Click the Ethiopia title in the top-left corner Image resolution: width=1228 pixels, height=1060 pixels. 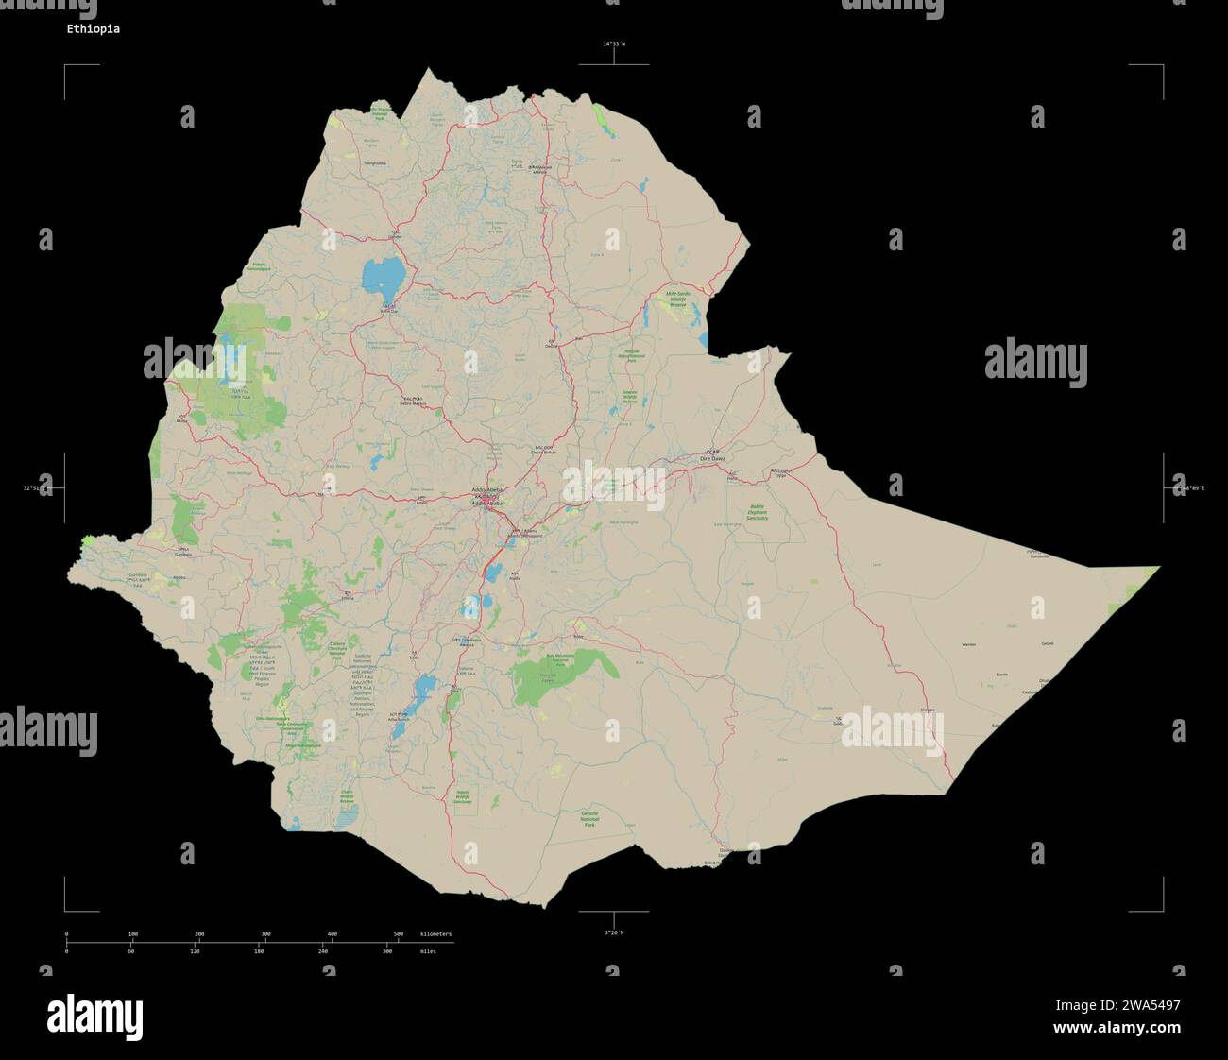(93, 29)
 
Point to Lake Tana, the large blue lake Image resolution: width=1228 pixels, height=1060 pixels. (382, 276)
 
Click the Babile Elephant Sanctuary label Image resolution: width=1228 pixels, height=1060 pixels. (756, 513)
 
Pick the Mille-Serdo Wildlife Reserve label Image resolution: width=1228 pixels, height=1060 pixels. (678, 299)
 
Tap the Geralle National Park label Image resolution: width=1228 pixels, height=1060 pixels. (589, 820)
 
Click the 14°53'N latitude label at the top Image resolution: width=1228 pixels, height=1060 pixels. (614, 44)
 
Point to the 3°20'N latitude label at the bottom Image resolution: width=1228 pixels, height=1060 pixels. (614, 932)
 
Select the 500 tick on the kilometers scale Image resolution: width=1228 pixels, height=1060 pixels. (399, 934)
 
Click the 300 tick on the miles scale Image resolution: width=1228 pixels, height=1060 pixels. (387, 951)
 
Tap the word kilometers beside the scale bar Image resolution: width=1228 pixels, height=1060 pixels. (435, 934)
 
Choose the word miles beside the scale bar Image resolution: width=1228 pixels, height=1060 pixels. (428, 951)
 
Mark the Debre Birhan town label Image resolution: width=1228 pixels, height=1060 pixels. (544, 452)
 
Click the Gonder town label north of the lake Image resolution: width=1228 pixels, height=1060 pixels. (394, 236)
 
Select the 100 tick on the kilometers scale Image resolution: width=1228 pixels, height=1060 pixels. (132, 934)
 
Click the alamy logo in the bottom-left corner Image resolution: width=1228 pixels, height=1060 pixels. (94, 1017)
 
